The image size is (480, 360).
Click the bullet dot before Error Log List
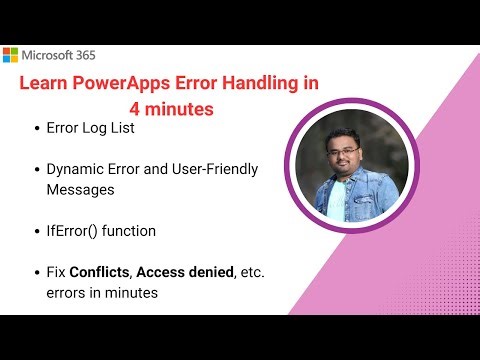pos(37,129)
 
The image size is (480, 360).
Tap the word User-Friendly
pos(214,169)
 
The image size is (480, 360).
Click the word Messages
pos(85,188)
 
